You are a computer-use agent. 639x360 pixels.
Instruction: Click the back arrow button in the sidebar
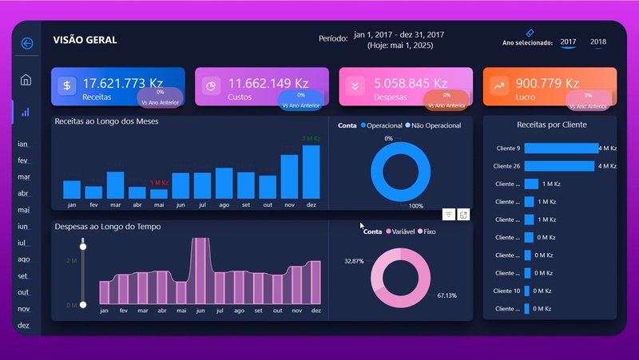[27, 43]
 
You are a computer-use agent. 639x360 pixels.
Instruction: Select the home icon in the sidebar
[26, 80]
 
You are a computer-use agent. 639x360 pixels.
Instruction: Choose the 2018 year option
[598, 42]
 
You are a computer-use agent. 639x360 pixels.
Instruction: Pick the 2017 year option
[568, 42]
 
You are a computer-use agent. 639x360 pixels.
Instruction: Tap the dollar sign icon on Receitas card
[68, 86]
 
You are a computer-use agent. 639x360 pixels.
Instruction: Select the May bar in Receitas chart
[159, 193]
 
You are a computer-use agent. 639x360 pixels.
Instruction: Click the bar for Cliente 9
[561, 148]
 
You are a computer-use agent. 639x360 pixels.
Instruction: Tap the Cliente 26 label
[507, 166]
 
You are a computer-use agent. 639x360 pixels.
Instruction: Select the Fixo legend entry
[427, 231]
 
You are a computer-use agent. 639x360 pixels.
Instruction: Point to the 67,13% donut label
[447, 295]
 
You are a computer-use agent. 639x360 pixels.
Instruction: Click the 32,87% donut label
[354, 261]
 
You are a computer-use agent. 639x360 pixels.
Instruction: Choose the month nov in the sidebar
[24, 309]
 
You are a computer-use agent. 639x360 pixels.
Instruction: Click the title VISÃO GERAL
[85, 40]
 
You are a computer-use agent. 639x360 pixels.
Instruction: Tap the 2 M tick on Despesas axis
[70, 261]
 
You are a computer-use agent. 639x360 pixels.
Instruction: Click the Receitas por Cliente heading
[551, 125]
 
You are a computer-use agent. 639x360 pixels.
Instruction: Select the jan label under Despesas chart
[104, 311]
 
